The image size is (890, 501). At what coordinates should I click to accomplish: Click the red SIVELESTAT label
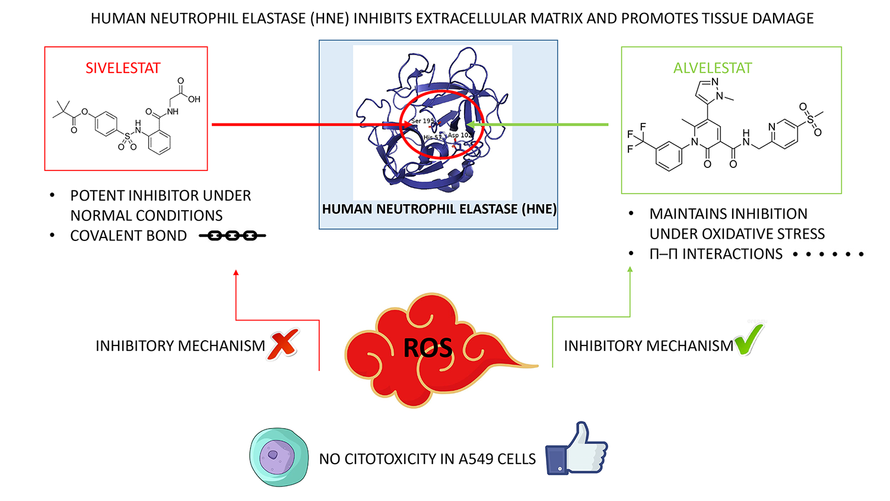123,68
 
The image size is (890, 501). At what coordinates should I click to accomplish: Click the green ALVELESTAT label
713,68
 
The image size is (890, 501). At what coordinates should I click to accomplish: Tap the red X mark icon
283,344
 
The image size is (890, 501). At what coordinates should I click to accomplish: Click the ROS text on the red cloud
428,348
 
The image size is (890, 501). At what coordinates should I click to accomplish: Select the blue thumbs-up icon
576,449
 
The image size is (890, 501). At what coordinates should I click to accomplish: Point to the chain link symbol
232,236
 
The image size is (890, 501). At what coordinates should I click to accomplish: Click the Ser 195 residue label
422,121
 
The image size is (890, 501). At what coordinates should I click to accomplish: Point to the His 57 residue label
433,137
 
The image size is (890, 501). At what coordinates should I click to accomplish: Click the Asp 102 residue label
460,135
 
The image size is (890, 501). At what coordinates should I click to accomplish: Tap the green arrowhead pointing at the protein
471,125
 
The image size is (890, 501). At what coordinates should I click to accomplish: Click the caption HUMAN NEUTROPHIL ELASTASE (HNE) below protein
439,209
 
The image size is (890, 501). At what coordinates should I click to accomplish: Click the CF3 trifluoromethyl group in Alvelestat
635,138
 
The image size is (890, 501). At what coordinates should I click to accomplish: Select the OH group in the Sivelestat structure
194,99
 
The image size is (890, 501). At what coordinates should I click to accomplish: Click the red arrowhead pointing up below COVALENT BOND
236,273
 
